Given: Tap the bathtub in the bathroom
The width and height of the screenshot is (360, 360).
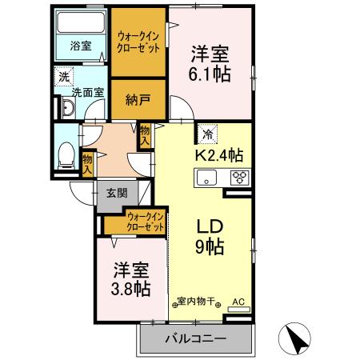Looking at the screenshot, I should click(81, 22).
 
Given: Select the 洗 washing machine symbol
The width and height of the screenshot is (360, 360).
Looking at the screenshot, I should click(62, 78).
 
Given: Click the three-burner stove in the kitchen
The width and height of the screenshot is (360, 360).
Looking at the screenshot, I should click(239, 178).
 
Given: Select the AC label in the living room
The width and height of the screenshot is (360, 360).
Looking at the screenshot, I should click(237, 302).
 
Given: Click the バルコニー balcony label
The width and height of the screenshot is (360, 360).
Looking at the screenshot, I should click(195, 338).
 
